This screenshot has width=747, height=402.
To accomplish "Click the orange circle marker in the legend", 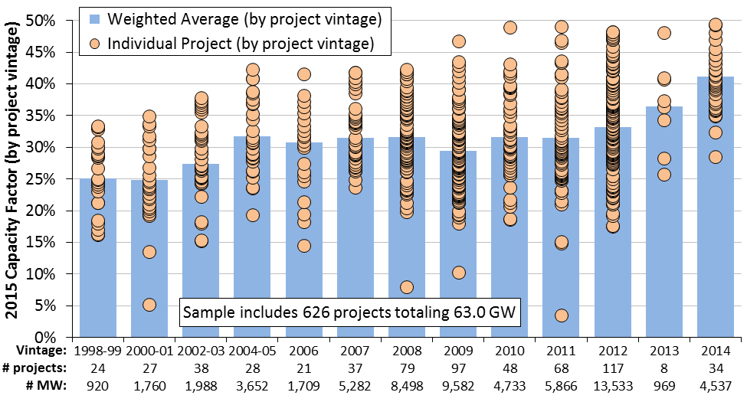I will (x=94, y=44).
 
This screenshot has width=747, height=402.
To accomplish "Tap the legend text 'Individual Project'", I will (x=165, y=44).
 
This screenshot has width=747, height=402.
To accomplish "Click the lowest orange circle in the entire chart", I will (x=561, y=315).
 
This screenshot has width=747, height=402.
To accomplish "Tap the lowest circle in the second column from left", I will (x=149, y=305).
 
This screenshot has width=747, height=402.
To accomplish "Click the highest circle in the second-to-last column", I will (x=663, y=33).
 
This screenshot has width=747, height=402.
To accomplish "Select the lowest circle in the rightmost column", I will (x=715, y=157).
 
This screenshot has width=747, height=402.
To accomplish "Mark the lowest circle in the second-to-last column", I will (x=663, y=175).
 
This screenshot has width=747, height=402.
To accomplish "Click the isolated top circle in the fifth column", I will (x=304, y=74).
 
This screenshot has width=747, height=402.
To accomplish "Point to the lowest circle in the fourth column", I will (x=252, y=215).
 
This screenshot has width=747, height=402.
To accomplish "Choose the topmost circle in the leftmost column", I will (x=98, y=126).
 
